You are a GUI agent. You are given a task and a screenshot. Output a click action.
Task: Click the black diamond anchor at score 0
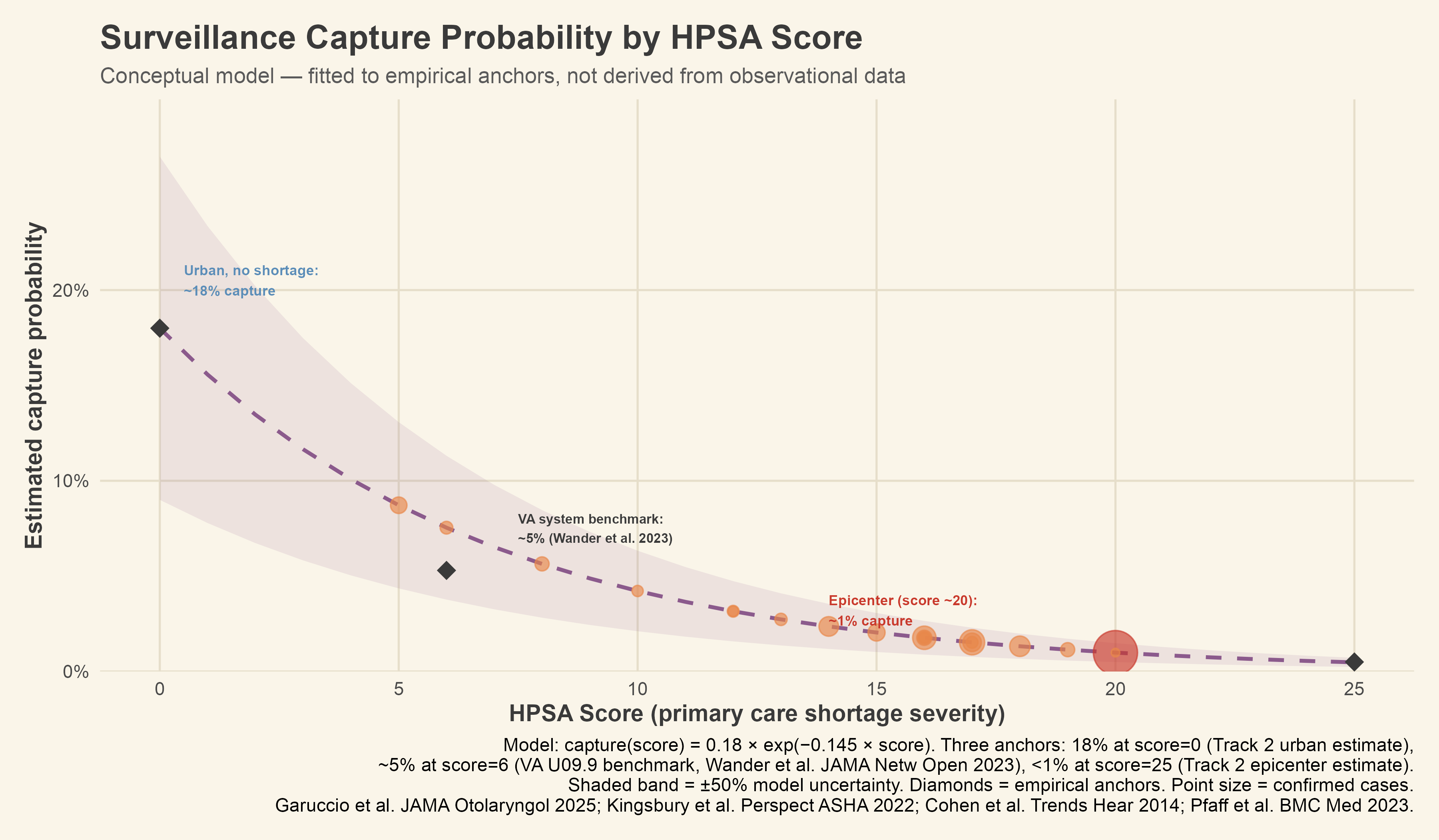pyautogui.click(x=159, y=328)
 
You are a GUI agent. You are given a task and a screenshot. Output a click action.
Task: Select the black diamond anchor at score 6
pyautogui.click(x=446, y=570)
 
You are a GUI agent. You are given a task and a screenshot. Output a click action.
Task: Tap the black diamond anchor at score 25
pyautogui.click(x=1354, y=662)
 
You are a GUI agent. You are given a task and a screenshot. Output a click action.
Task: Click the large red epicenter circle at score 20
pyautogui.click(x=1115, y=652)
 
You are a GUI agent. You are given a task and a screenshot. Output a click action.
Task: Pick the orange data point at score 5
pyautogui.click(x=399, y=505)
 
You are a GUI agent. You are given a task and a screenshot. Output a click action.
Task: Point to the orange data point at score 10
pyautogui.click(x=638, y=591)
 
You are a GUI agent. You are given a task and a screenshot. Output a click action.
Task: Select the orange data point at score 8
pyautogui.click(x=542, y=564)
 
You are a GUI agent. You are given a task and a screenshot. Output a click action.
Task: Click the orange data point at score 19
pyautogui.click(x=1068, y=650)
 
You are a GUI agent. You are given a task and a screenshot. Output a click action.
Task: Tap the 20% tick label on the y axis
pyautogui.click(x=71, y=291)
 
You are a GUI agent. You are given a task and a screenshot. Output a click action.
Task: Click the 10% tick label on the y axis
pyautogui.click(x=71, y=481)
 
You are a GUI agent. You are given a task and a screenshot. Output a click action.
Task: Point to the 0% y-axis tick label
pyautogui.click(x=76, y=672)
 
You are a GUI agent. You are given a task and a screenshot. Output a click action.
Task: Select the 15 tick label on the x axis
pyautogui.click(x=877, y=690)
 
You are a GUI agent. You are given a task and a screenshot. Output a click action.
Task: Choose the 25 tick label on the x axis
pyautogui.click(x=1354, y=690)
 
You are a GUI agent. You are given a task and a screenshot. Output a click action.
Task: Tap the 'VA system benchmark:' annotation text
pyautogui.click(x=590, y=520)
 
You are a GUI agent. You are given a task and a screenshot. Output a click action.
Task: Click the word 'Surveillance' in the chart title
pyautogui.click(x=197, y=38)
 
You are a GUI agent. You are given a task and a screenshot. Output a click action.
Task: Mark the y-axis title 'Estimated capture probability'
pyautogui.click(x=34, y=386)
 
